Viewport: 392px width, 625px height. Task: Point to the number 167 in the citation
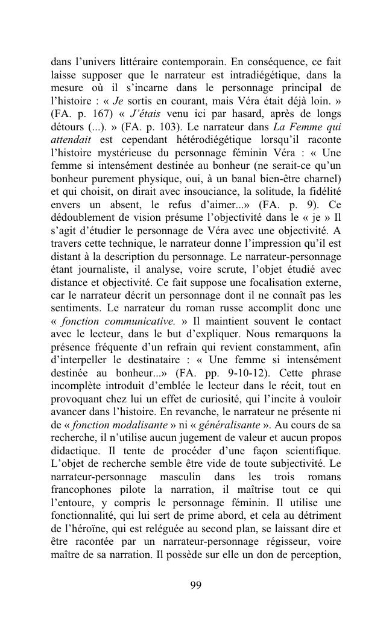(89, 114)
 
